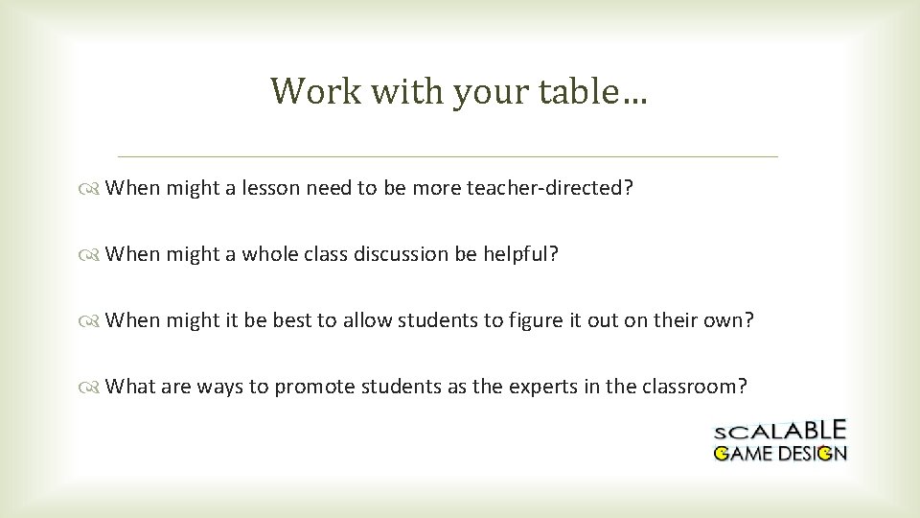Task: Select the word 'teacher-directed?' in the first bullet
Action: pyautogui.click(x=550, y=188)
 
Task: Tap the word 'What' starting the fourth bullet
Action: pyautogui.click(x=128, y=387)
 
